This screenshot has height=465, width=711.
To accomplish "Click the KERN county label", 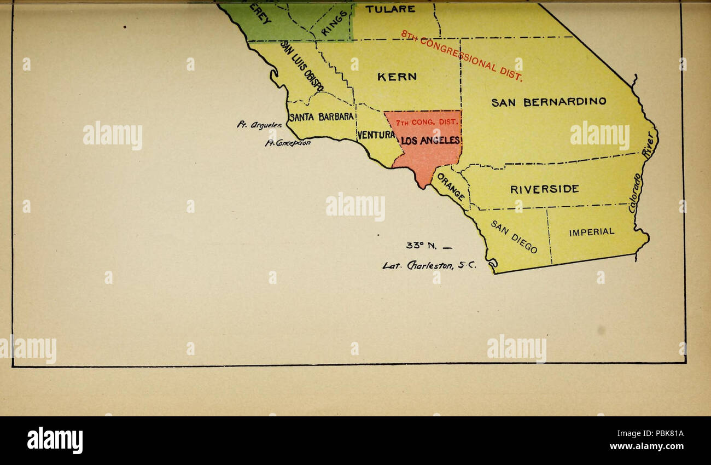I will point(397,77).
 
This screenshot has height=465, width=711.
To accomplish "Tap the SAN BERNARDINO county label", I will point(549,102).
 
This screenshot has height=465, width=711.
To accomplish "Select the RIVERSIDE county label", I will point(544,189).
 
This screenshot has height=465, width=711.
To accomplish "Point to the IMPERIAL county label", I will point(592,232).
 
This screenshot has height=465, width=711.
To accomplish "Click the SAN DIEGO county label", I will point(514,237).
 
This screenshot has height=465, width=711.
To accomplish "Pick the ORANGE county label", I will point(452,187).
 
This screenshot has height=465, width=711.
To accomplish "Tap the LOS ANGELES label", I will point(431,141).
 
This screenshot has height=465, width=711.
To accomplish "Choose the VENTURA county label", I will point(376,135).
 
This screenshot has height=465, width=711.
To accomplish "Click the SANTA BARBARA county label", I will point(322,117).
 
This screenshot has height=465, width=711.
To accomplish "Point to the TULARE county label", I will point(390,9).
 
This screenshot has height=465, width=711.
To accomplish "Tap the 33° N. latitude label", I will point(420,246).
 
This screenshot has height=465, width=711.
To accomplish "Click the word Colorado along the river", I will point(635,194).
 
